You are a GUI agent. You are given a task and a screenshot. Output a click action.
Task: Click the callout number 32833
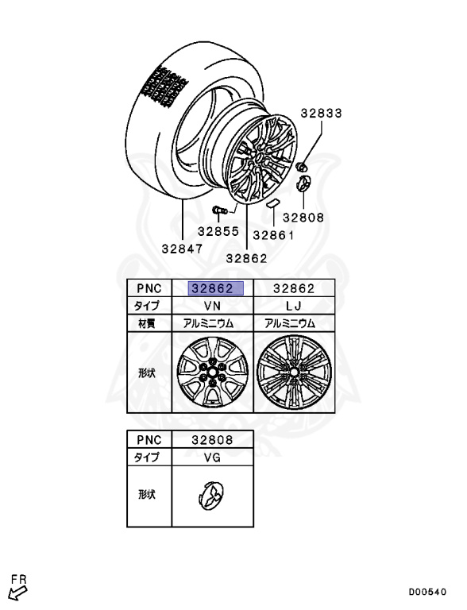321,114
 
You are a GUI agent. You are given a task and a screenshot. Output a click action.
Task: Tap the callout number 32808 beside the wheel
303,218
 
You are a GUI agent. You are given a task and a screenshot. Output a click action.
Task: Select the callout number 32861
273,235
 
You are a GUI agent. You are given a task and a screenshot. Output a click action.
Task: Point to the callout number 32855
218,231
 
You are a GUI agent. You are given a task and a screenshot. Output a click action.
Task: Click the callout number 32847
182,249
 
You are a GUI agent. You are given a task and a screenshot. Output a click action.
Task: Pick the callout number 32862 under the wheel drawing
247,258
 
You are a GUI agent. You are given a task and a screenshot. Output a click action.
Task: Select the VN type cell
213,306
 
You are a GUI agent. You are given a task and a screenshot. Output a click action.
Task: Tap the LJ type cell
294,306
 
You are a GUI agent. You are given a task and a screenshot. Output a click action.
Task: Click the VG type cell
213,457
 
